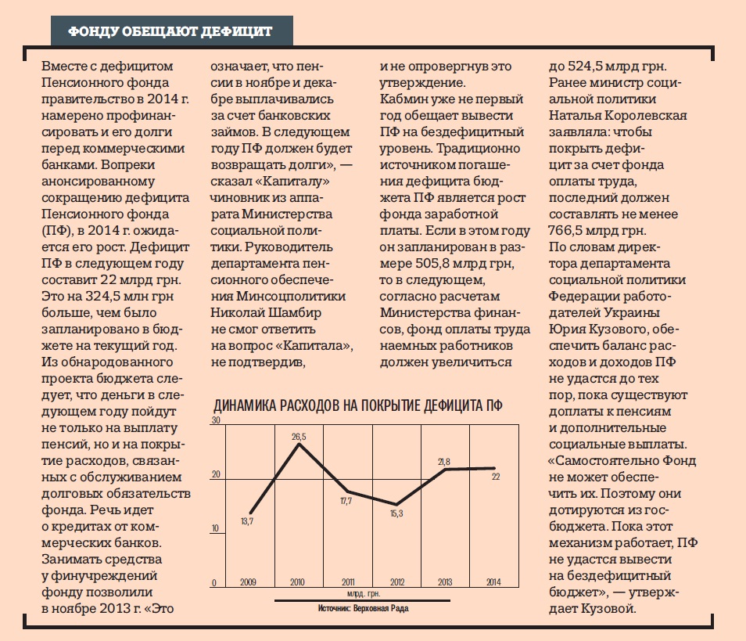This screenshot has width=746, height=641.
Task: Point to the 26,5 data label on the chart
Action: pos(299,437)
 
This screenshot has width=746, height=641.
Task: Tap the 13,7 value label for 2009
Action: pos(246,520)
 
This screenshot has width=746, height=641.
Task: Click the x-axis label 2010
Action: pos(298,582)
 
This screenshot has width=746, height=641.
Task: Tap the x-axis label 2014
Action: pos(495,582)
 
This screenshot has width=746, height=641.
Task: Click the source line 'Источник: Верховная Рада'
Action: pos(364,608)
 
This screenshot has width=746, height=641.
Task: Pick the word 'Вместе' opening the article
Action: pos(64,65)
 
